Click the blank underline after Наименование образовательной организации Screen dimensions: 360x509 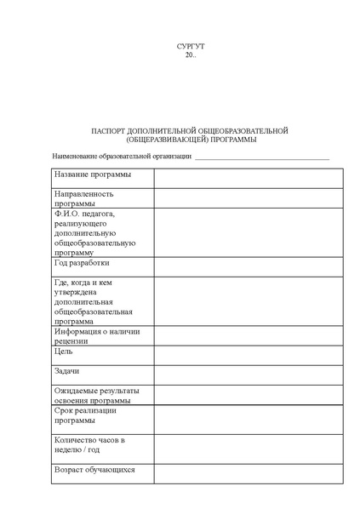coord(262,157)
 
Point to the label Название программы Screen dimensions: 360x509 coord(93,174)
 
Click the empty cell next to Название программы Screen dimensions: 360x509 coord(248,178)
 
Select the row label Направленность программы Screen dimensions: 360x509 coord(85,199)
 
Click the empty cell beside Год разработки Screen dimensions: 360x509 coord(248,267)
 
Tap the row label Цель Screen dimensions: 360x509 coord(64,351)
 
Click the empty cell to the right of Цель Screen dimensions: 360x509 coord(248,354)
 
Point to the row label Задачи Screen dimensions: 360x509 coord(67,372)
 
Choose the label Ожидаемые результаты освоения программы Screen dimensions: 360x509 coord(97,396)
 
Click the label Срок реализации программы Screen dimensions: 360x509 coord(85,415)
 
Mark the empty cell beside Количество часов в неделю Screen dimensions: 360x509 coord(248,447)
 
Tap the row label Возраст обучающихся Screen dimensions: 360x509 coord(94,469)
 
